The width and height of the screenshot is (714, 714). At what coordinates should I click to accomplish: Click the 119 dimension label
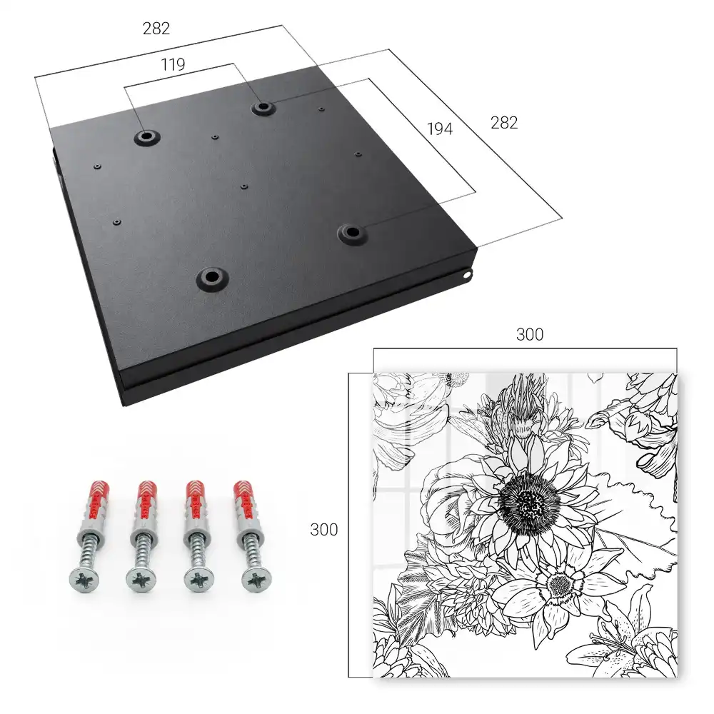(x=173, y=65)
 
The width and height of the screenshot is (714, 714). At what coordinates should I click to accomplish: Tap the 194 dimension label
(x=440, y=129)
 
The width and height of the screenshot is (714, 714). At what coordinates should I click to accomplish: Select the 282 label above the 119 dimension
(x=156, y=29)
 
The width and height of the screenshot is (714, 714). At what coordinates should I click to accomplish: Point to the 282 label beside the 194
(x=504, y=123)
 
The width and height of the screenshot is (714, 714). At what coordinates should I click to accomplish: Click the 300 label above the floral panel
(x=530, y=335)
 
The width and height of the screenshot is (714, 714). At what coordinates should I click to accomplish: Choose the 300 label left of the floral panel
(x=323, y=530)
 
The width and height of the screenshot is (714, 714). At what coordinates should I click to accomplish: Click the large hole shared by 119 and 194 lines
(x=262, y=108)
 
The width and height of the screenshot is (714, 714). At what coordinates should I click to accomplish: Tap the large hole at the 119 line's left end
(x=146, y=136)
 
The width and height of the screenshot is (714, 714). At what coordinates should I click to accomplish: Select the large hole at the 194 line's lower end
(x=352, y=233)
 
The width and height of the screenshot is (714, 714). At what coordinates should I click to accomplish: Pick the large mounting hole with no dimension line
(x=212, y=277)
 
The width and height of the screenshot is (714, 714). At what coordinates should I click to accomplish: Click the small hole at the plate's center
(x=244, y=186)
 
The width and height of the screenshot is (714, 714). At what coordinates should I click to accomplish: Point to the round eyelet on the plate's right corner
(x=468, y=275)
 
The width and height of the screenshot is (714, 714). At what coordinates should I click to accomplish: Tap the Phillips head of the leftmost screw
(x=84, y=580)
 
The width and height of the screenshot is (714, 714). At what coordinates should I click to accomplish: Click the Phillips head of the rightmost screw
(x=256, y=580)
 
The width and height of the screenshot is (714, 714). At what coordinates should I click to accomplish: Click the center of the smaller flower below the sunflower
(x=560, y=585)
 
